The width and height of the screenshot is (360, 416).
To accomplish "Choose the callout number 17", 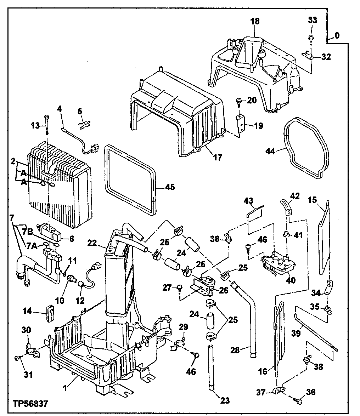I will [218, 157].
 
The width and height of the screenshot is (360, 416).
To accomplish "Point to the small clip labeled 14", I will [49, 313].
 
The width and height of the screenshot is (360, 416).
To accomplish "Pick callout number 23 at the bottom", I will [225, 401].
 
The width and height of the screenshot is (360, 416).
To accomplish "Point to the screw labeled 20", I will [239, 102].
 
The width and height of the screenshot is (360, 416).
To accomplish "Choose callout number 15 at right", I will [312, 200].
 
